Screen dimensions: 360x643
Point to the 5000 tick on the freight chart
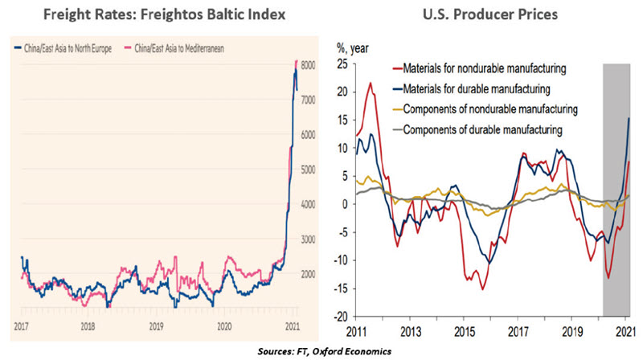tap(309, 170)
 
